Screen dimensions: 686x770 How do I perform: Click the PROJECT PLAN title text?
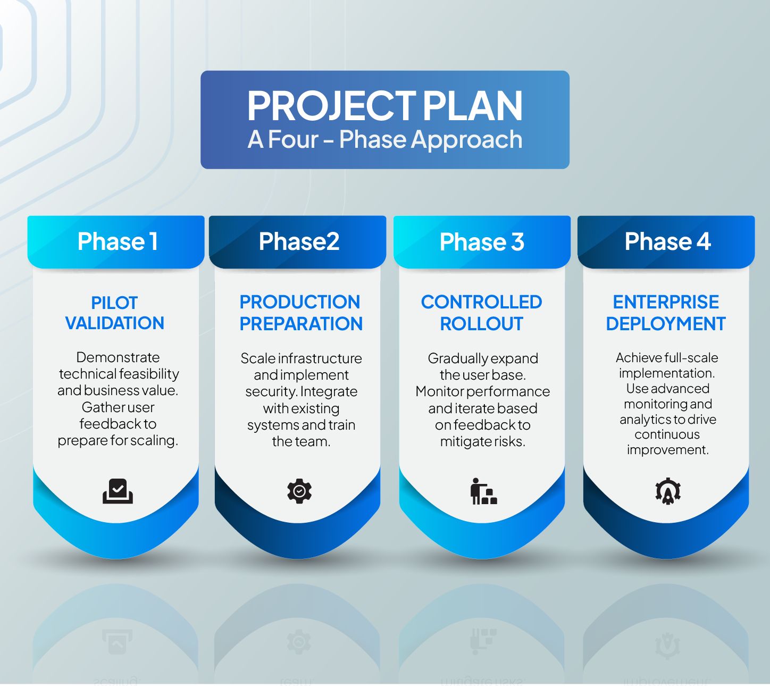coord(384,106)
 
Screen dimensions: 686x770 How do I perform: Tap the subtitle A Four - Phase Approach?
coord(384,140)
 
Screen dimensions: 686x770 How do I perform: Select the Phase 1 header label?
coord(117,242)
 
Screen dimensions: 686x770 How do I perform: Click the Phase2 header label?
coord(299,242)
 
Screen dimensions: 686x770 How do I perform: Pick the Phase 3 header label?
coord(482,242)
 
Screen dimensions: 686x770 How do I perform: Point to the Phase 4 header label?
coord(667,242)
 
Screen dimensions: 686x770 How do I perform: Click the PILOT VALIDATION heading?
coord(114,313)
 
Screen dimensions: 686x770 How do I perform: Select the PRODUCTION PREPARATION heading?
coord(300,313)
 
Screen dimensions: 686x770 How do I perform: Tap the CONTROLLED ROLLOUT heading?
coord(481,313)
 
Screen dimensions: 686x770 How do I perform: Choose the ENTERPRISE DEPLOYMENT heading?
coord(666,313)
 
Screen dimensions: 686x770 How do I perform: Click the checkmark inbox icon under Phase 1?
coord(118,491)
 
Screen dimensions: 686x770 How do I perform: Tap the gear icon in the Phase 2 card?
coord(299,491)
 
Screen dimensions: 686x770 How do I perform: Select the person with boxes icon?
coord(483,491)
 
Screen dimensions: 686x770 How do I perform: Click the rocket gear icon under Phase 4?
coord(668,491)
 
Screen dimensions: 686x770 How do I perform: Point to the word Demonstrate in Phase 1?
coord(118,357)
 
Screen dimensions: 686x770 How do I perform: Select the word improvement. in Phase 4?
coord(667,450)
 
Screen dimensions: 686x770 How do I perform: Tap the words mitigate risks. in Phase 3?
coord(482,441)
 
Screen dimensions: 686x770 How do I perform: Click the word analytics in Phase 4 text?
coord(645,420)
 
